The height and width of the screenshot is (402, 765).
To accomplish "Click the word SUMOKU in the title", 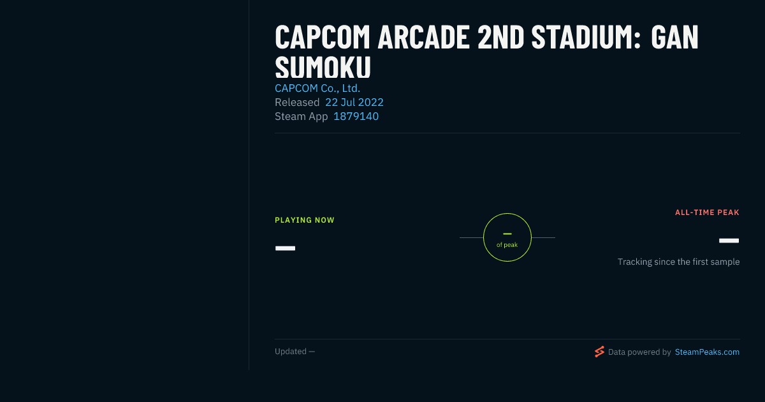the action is tap(323, 68).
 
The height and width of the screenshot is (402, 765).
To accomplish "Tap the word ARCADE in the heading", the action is tap(423, 37).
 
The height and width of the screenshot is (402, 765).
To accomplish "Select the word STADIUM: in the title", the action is tap(586, 37).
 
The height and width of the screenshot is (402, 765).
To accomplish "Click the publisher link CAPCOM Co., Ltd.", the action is tap(317, 88).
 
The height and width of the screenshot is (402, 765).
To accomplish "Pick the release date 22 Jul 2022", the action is tap(354, 102).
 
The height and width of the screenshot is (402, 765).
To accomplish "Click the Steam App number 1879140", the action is tap(356, 116).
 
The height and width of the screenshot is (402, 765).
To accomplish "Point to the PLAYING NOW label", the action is tap(305, 220).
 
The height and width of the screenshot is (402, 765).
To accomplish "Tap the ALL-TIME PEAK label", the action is tap(707, 212).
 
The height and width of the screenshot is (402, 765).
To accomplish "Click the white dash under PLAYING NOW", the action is tap(285, 248).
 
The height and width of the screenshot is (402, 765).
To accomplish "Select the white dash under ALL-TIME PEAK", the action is tap(729, 241).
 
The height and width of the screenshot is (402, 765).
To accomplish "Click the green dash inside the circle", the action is tap(507, 234).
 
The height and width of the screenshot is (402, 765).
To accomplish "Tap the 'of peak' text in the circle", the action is tap(507, 245).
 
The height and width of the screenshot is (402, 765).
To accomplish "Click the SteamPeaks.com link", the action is tap(707, 352).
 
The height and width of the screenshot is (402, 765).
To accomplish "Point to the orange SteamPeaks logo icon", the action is tap(599, 352).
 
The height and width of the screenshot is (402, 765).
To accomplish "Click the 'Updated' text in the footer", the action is tap(291, 352).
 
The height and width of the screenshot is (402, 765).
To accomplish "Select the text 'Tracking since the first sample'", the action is tap(678, 262).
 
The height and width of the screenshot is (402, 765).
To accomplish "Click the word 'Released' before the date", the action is tap(297, 102).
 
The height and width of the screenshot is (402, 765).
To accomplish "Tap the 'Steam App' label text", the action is tap(301, 117).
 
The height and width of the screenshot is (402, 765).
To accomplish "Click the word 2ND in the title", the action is tap(500, 37).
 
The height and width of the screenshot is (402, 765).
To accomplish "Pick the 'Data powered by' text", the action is tap(639, 352).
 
